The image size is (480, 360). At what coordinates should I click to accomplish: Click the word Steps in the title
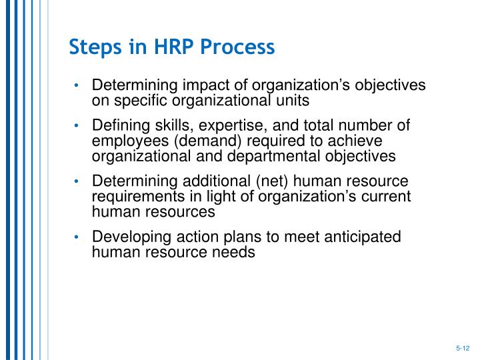[93, 48]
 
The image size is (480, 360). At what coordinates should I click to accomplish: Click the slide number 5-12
[463, 348]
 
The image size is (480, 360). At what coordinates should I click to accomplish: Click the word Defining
[121, 126]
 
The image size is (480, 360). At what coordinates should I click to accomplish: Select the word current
[387, 197]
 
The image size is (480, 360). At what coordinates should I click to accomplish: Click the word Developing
[127, 238]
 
